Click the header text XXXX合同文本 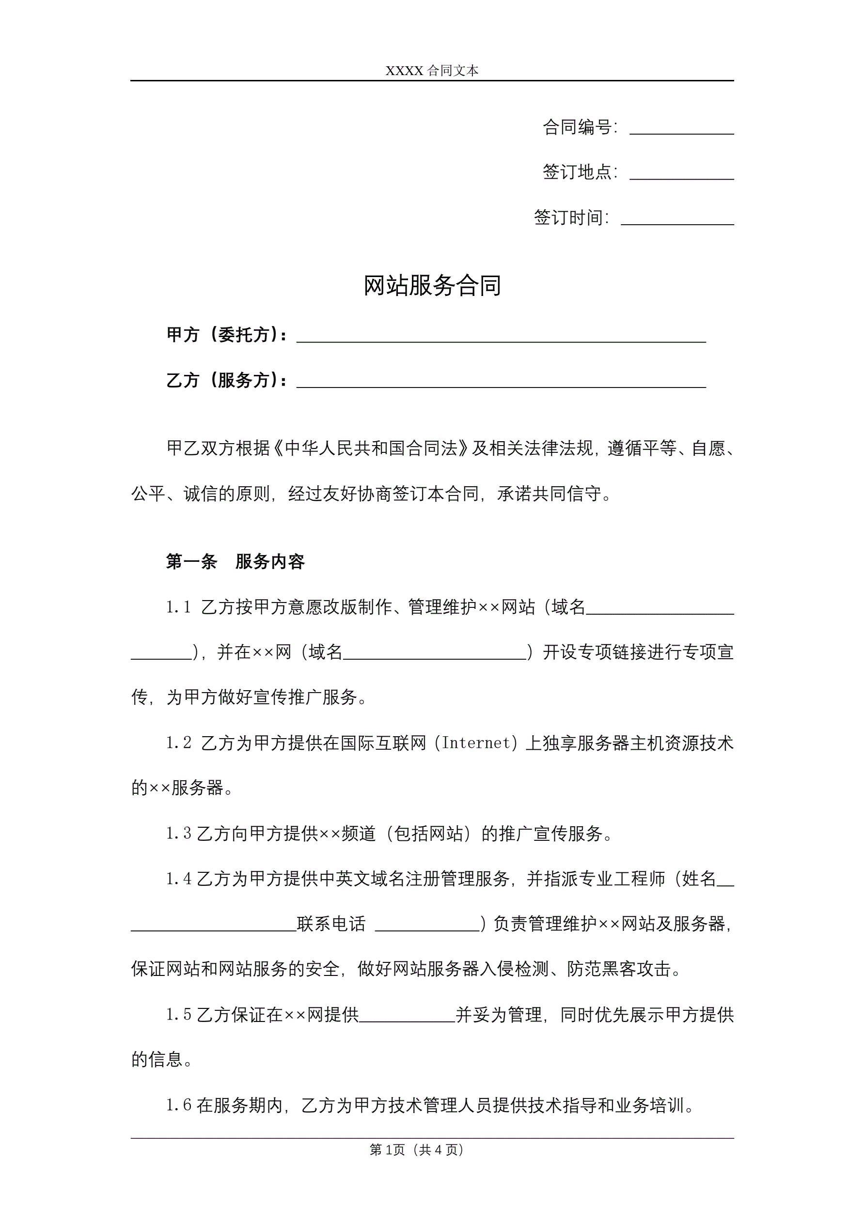pos(432,71)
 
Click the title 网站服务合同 pos(432,286)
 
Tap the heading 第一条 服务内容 pos(235,561)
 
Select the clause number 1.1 pos(178,607)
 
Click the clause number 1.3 pos(178,834)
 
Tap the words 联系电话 pos(331,924)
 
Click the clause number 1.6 pos(178,1105)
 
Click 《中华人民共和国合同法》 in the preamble pos(371,448)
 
